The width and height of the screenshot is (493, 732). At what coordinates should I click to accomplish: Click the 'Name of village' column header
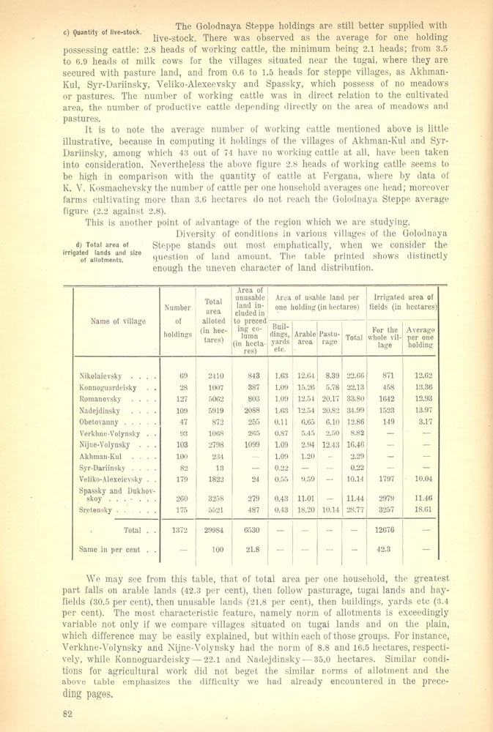(118, 321)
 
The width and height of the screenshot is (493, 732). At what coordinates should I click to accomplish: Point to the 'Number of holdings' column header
(177, 321)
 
